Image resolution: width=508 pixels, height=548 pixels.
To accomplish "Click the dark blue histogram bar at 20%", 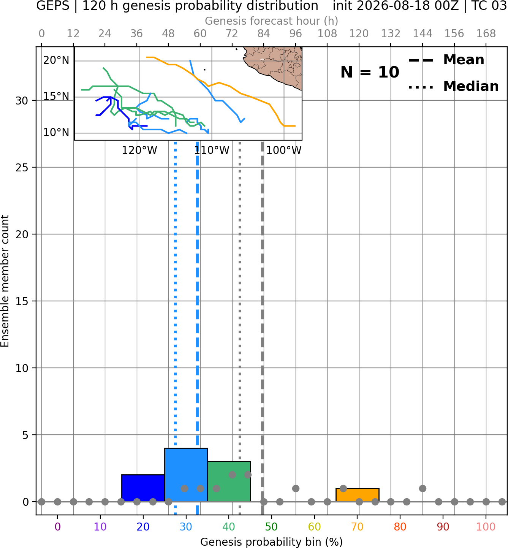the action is coord(143,488).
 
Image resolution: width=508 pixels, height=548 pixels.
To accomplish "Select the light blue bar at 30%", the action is coord(186,475).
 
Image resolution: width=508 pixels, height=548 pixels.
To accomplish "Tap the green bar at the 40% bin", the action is coord(229,481).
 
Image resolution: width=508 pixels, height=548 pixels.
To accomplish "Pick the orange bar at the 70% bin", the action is coord(357,495).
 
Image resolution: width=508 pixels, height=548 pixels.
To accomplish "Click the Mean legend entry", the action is coord(446,60).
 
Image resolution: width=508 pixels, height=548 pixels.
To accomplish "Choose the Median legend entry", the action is coord(453,86).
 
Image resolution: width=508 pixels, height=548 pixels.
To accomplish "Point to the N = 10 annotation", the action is coord(370,72).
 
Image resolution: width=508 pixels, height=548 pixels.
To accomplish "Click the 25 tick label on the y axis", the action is coord(22,168).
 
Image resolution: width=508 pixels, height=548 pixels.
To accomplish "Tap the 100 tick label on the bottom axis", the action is coord(486,527).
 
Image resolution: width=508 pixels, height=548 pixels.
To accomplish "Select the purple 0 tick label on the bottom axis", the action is coord(57,527).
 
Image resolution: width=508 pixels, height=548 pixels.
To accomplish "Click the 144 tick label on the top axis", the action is coord(423,34).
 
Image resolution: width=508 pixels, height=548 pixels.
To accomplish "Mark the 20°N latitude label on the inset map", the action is coord(56,60).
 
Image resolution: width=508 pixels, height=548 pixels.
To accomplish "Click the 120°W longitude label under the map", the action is coord(139,150).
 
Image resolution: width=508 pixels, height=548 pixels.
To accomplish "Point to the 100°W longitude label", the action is coord(284,150).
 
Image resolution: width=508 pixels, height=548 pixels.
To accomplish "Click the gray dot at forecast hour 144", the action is coord(423,488).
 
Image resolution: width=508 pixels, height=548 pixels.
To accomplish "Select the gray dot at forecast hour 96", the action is coord(296,488).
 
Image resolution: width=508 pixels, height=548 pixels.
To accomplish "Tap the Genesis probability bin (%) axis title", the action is coord(272,542).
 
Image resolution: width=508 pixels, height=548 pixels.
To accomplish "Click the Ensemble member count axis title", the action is coord(5,281).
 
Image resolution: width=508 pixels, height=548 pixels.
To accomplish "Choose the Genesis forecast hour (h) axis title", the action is coord(272,21).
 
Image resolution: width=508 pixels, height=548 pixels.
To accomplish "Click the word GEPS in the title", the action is coord(53,6).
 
